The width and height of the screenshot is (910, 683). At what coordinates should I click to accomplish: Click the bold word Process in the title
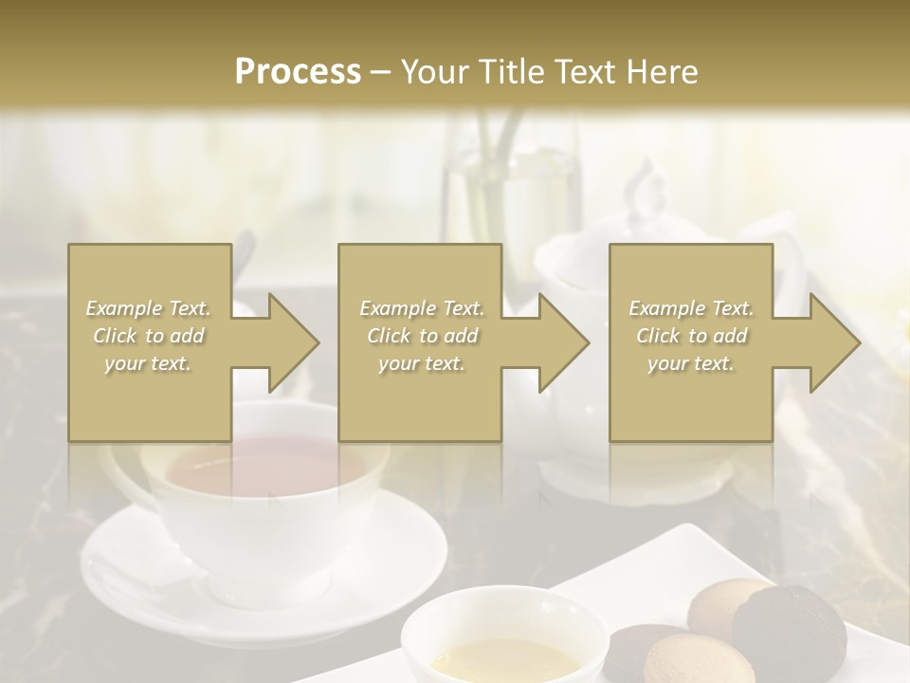click(298, 72)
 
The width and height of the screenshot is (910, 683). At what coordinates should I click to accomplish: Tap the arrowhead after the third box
click(833, 342)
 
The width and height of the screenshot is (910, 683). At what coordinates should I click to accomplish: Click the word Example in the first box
click(123, 308)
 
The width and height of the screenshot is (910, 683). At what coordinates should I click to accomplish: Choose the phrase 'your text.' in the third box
click(690, 363)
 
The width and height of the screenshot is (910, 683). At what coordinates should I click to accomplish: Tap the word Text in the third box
click(731, 308)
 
